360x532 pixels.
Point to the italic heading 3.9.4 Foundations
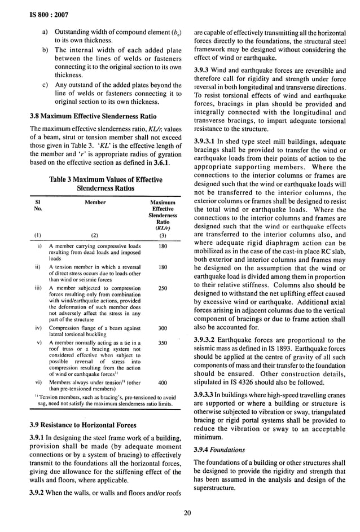click(x=220, y=450)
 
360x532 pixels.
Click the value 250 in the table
click(x=163, y=288)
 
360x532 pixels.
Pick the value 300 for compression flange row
click(x=163, y=328)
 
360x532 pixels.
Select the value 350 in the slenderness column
click(x=163, y=343)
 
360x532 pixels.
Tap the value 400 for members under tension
click(x=163, y=382)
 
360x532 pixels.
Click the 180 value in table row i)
click(x=163, y=247)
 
